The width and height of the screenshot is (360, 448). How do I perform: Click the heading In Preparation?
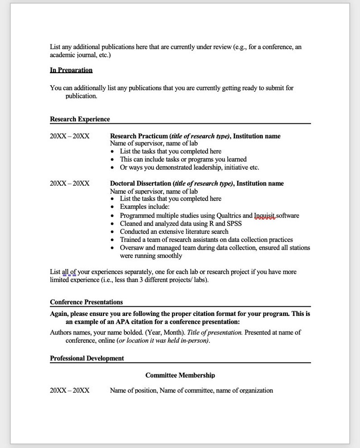(x=71, y=70)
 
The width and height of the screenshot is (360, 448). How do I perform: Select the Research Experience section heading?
(x=80, y=119)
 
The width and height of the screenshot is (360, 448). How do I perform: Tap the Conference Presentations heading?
(x=86, y=302)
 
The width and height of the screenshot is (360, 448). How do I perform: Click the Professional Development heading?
(x=87, y=358)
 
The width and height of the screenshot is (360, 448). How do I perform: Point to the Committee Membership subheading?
(x=180, y=375)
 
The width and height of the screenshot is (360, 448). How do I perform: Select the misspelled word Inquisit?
(x=265, y=216)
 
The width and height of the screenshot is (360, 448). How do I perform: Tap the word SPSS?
(x=234, y=224)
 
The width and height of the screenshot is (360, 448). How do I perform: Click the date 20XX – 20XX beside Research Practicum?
(x=69, y=136)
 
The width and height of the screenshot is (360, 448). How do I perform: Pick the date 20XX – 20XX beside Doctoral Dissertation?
(x=69, y=183)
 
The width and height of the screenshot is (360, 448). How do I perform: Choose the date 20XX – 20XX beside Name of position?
(x=69, y=390)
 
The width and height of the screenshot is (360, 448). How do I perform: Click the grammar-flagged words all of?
(x=69, y=272)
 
